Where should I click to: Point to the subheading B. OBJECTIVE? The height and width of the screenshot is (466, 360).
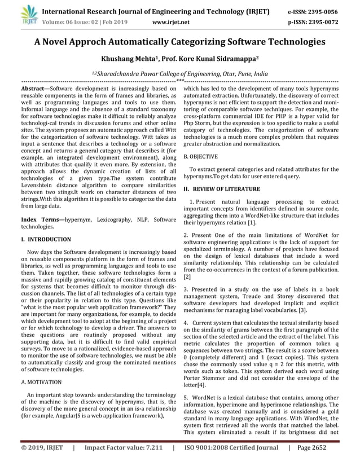(x=203, y=153)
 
